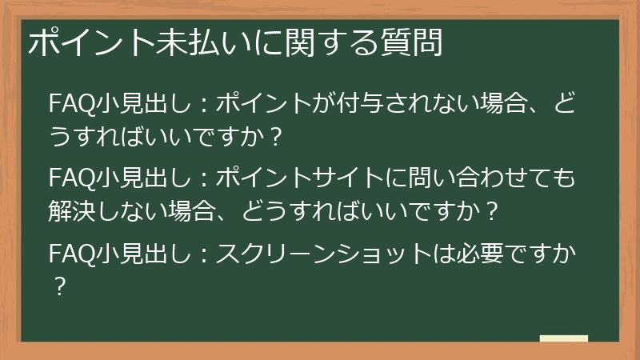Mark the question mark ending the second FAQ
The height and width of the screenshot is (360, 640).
(x=493, y=211)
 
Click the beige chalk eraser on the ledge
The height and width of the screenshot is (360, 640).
(x=563, y=338)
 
